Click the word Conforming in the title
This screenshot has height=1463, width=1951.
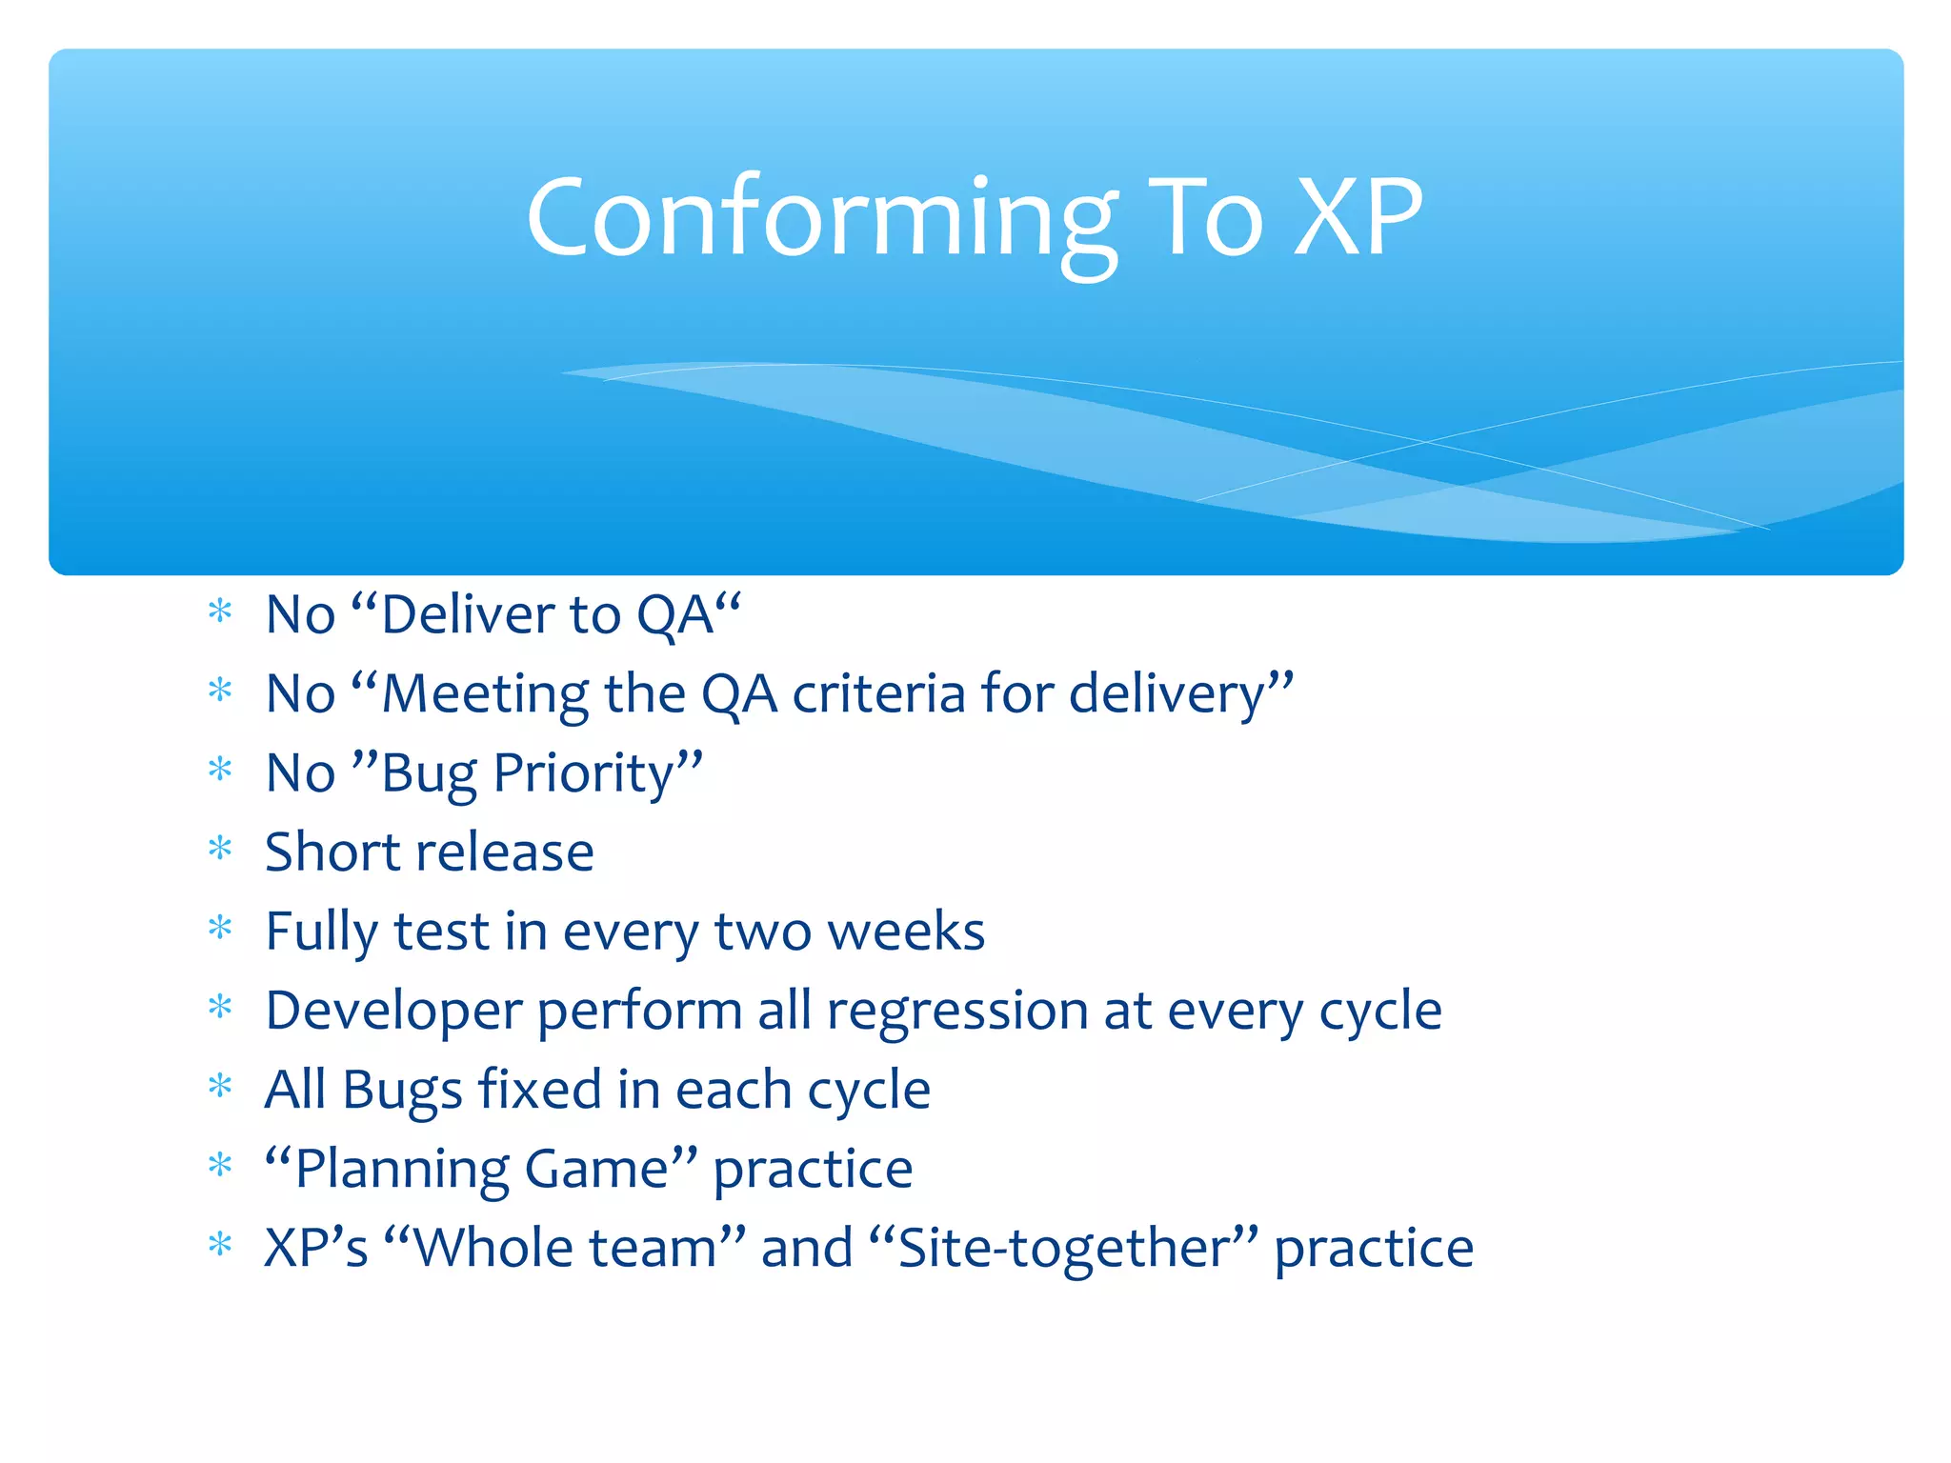tap(821, 219)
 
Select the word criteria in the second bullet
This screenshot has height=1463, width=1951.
tap(878, 694)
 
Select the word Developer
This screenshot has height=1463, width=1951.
tap(392, 1012)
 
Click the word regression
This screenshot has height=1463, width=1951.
tap(956, 1012)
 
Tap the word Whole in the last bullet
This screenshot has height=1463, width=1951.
tap(564, 1248)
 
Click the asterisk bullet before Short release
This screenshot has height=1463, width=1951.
tap(220, 848)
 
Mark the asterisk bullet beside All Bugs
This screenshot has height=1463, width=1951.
tap(220, 1086)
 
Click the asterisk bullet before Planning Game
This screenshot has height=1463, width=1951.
tap(220, 1165)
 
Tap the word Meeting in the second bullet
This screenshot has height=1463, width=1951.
tap(484, 694)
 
